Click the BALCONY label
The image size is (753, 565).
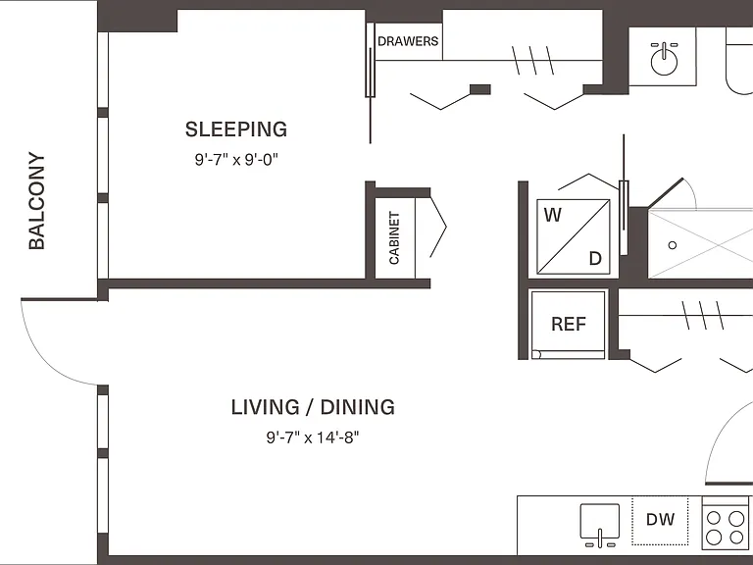pyautogui.click(x=36, y=201)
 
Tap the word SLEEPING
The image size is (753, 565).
pyautogui.click(x=236, y=129)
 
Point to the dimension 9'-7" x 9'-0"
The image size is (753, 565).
pyautogui.click(x=236, y=160)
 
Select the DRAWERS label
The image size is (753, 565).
pyautogui.click(x=408, y=41)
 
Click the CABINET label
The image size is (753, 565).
pyautogui.click(x=394, y=237)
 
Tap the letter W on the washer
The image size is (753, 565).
pyautogui.click(x=553, y=215)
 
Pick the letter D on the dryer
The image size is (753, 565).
pyautogui.click(x=595, y=259)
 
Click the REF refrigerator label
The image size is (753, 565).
pyautogui.click(x=569, y=325)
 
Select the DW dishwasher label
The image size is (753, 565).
pyautogui.click(x=660, y=519)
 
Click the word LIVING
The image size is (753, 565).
pyautogui.click(x=265, y=407)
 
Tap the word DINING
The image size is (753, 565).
pyautogui.click(x=358, y=407)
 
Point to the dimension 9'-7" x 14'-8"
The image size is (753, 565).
pyautogui.click(x=313, y=437)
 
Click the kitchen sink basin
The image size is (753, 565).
pyautogui.click(x=600, y=521)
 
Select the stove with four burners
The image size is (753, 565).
pyautogui.click(x=726, y=523)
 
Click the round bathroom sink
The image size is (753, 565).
pyautogui.click(x=664, y=62)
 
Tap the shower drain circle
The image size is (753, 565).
pyautogui.click(x=673, y=245)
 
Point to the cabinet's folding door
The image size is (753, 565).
pyautogui.click(x=438, y=227)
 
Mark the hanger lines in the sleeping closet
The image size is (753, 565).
pyautogui.click(x=532, y=61)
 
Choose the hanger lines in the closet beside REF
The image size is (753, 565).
pyautogui.click(x=703, y=315)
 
